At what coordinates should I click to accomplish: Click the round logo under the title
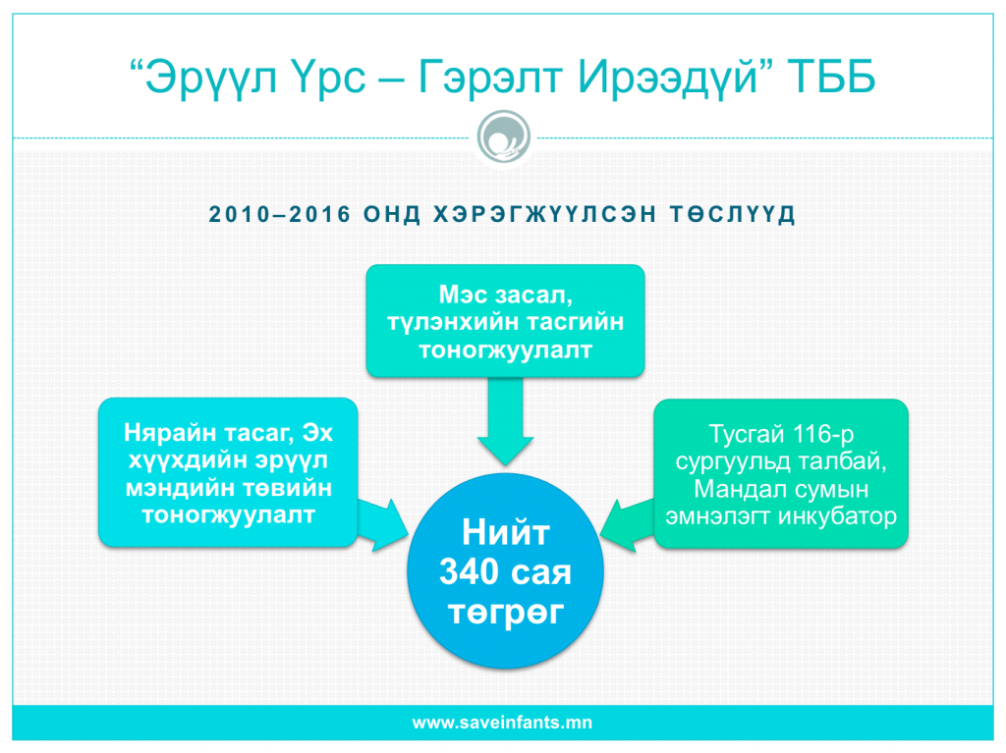(504, 137)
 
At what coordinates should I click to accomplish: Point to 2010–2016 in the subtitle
(280, 214)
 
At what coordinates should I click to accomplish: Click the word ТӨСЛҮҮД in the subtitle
(733, 214)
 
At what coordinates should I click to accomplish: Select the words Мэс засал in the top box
(505, 295)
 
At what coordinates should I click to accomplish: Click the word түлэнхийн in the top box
(448, 322)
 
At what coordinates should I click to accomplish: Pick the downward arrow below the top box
(505, 421)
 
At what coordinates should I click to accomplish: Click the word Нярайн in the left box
(169, 433)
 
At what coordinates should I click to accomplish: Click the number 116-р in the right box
(822, 434)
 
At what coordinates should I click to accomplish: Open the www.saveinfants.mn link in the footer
(502, 723)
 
